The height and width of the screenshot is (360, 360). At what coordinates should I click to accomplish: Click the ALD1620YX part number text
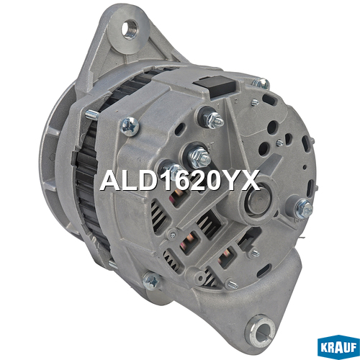pos(180,180)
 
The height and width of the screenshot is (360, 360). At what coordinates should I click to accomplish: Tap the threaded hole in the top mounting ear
pos(130,30)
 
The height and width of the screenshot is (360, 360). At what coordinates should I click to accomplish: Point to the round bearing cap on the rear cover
pos(258,199)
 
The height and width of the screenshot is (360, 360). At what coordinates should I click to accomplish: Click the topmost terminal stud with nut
pos(212,119)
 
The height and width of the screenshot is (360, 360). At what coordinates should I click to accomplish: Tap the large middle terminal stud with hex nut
pos(198,155)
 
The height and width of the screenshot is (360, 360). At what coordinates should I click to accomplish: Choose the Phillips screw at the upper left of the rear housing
pos(130,126)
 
